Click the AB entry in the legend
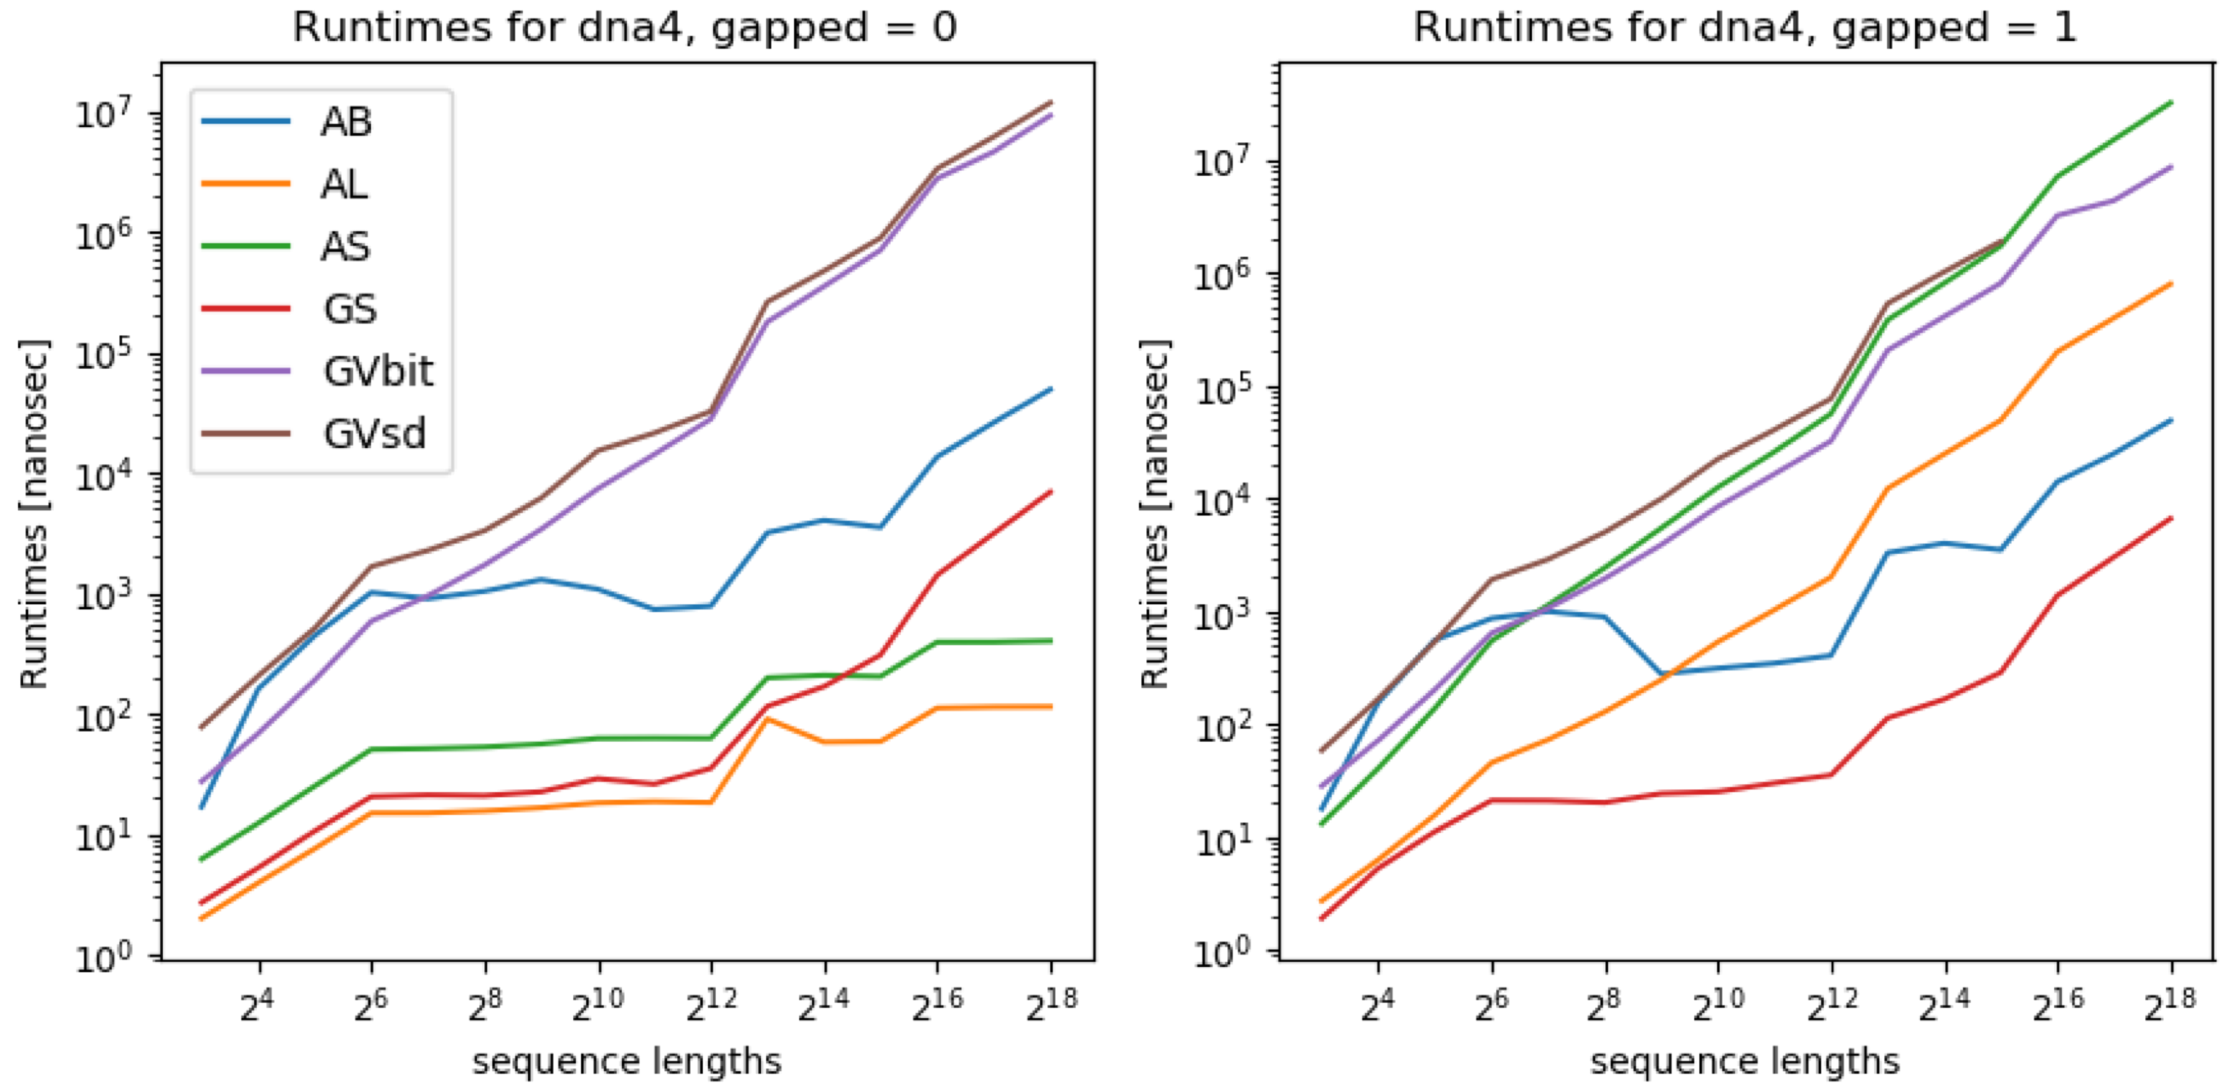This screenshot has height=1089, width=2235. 345,121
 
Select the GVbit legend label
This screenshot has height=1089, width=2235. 377,371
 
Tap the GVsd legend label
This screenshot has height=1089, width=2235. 374,434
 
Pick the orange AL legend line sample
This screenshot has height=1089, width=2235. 246,184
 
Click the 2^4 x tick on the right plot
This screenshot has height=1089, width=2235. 1378,1005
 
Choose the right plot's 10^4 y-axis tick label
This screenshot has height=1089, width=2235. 1222,501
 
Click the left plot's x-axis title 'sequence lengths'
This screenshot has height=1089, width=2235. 626,1060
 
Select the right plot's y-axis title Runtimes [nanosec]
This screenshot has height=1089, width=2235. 1155,514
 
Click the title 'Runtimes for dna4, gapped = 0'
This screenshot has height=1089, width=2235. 624,28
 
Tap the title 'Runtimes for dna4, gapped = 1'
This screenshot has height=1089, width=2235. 1744,28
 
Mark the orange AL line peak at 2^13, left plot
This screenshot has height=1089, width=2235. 767,719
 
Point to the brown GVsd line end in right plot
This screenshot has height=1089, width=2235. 2001,242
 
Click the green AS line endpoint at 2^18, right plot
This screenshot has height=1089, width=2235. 2171,102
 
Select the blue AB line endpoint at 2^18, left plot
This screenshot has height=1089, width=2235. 1051,388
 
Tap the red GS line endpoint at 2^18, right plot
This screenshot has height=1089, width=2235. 2171,518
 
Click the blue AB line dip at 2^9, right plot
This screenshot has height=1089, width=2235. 1663,674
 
